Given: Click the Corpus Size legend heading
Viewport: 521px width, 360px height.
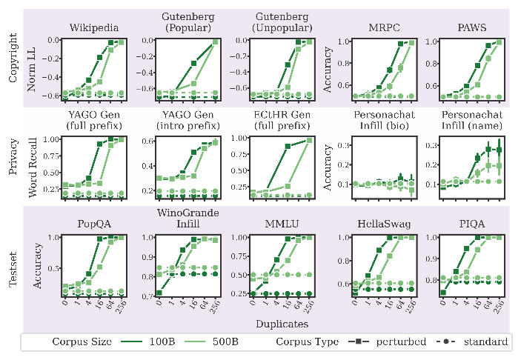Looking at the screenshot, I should (84, 341).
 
